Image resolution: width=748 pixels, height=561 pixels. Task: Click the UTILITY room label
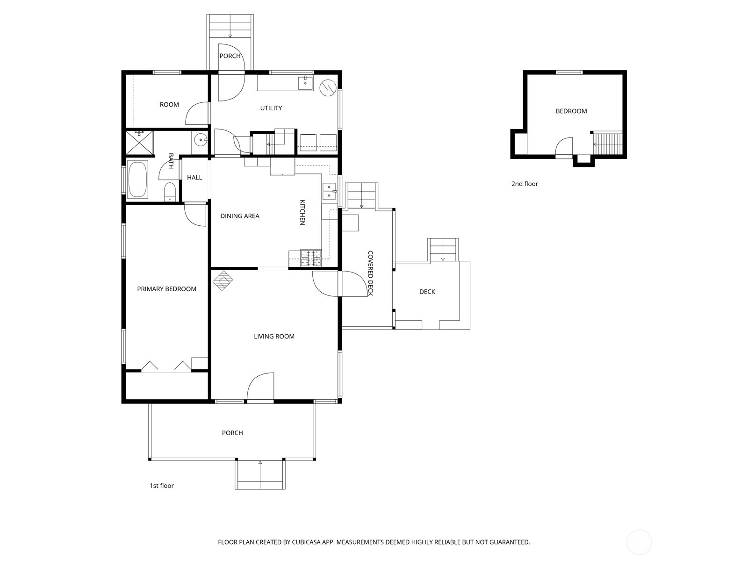click(x=271, y=108)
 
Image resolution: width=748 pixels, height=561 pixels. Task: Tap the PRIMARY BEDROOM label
click(x=166, y=289)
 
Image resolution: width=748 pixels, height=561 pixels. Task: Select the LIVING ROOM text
click(x=274, y=336)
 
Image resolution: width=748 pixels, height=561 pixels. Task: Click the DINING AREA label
click(x=239, y=216)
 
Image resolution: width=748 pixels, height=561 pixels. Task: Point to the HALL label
click(x=194, y=177)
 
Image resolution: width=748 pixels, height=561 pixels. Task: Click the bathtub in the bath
click(x=137, y=180)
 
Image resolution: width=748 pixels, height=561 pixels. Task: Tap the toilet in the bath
click(x=170, y=192)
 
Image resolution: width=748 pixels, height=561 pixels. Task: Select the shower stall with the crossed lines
click(x=139, y=142)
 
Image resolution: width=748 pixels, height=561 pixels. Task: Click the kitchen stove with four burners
click(x=311, y=258)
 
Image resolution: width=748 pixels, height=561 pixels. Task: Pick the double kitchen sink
click(x=329, y=191)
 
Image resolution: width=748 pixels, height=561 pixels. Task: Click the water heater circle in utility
click(x=328, y=87)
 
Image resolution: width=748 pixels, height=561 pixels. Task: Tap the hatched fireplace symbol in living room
click(x=223, y=280)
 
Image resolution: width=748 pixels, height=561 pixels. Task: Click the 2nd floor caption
click(x=525, y=184)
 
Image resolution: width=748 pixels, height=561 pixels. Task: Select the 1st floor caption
click(x=161, y=486)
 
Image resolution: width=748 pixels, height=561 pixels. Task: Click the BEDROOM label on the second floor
click(x=571, y=111)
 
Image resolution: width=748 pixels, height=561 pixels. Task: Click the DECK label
click(x=427, y=292)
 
